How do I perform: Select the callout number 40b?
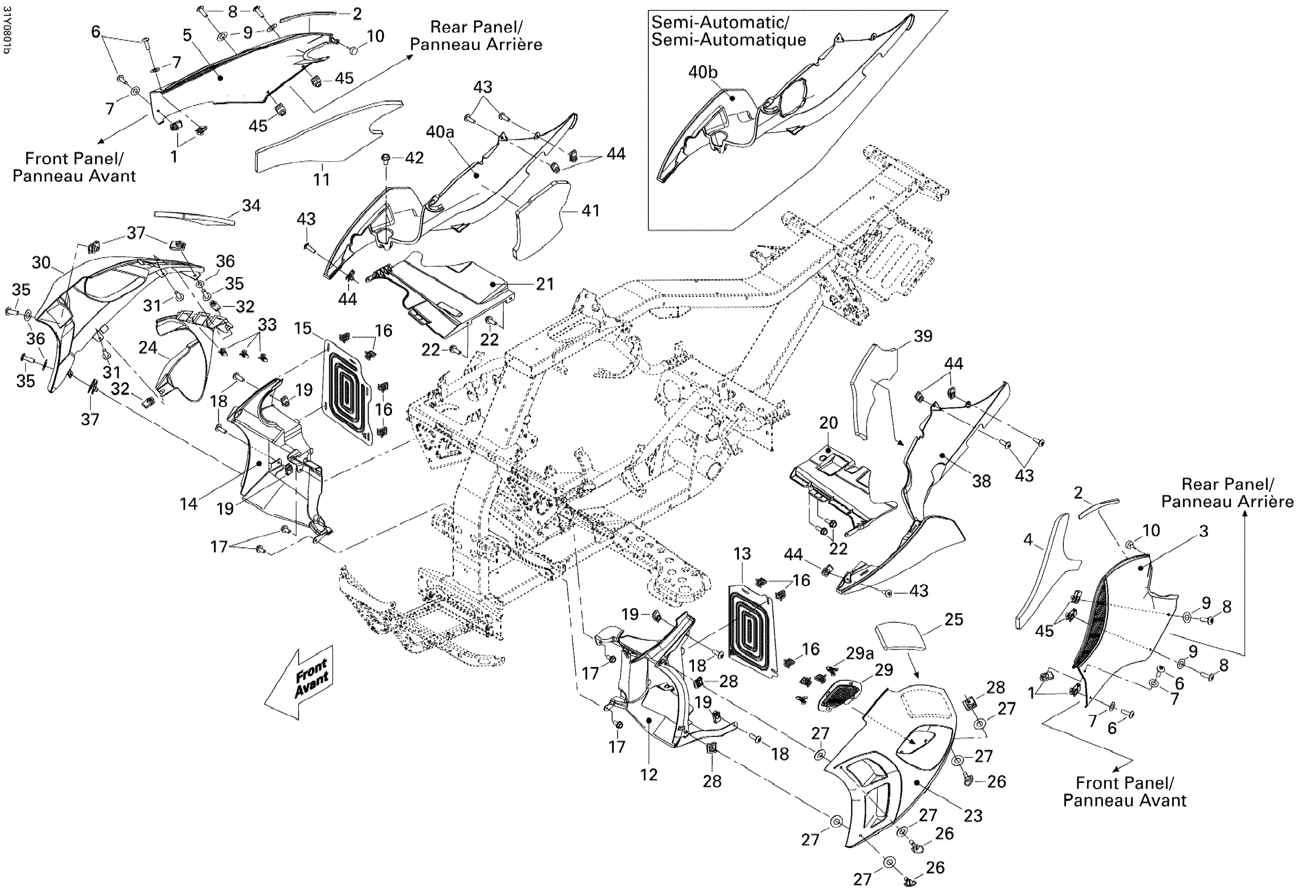point(703,72)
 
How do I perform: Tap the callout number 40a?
point(440,132)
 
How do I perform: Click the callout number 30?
point(41,263)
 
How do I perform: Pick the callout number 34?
point(251,205)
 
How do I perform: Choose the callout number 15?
point(302,328)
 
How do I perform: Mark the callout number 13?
point(742,554)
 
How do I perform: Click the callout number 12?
point(649,774)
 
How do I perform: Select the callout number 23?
point(973,816)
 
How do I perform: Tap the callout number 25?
point(954,619)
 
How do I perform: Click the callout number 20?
point(829,423)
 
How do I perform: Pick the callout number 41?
point(591,211)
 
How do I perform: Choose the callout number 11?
point(321,179)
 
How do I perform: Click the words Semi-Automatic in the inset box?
point(720,23)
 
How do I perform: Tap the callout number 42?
point(414,158)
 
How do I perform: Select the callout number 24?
point(147,348)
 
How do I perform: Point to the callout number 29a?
point(859,654)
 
